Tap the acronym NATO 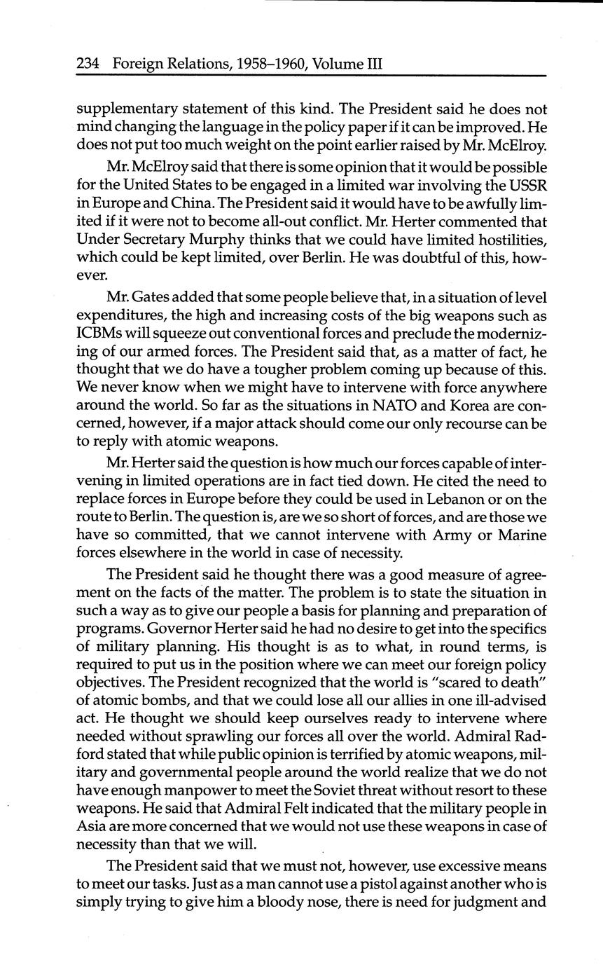pos(378,406)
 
